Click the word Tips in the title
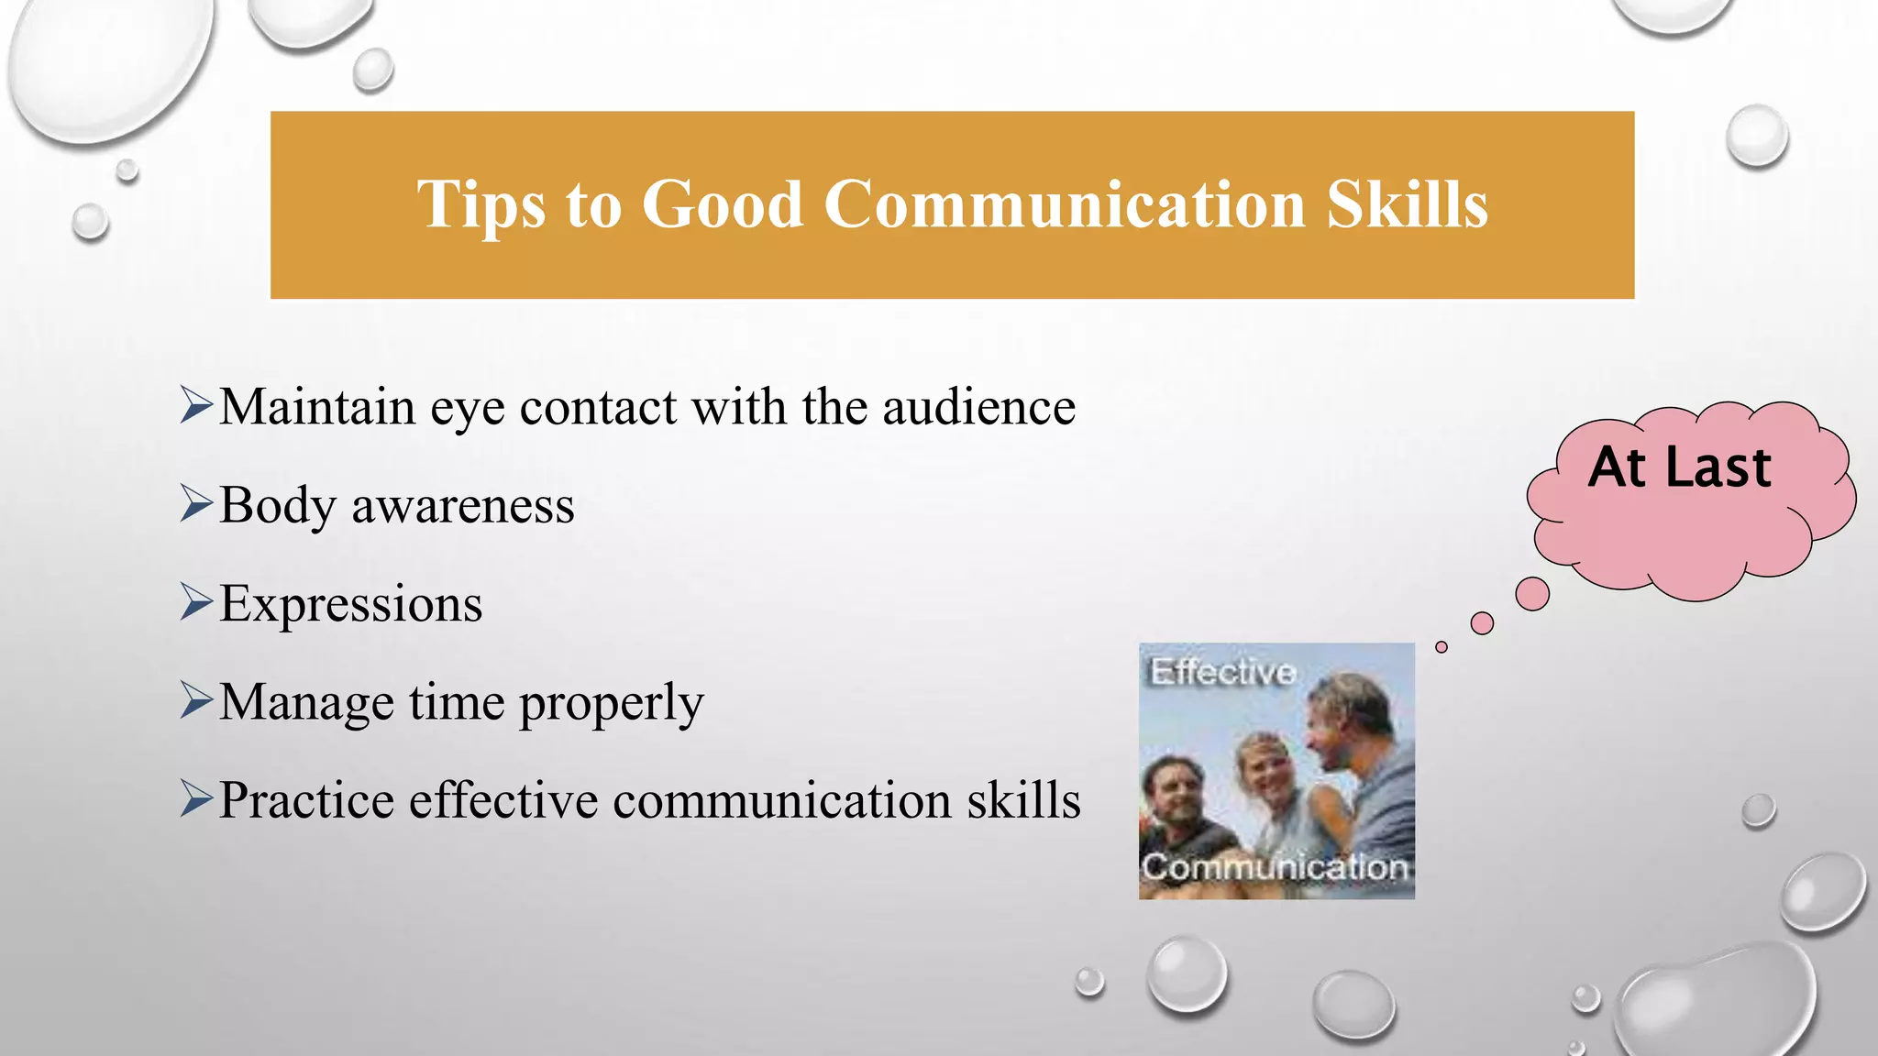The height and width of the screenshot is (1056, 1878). (481, 204)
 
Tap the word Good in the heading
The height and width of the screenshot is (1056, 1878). (723, 204)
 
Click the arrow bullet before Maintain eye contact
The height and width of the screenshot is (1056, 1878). (196, 404)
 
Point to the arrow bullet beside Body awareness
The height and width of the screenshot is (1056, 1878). (196, 502)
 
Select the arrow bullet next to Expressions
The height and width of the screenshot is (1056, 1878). (196, 601)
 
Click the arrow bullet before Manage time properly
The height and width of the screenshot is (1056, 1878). (196, 699)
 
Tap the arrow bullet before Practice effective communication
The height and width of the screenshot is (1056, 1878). (196, 797)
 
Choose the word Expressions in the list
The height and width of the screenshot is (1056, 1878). (350, 605)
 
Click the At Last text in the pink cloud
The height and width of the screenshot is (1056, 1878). (1679, 467)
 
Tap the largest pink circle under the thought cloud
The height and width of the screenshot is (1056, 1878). (1532, 594)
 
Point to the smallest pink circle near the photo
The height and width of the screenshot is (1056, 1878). (1442, 647)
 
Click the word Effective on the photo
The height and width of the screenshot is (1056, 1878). (1222, 672)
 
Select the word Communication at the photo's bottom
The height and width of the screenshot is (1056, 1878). (1275, 867)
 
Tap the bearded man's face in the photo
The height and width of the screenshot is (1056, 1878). (1176, 790)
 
